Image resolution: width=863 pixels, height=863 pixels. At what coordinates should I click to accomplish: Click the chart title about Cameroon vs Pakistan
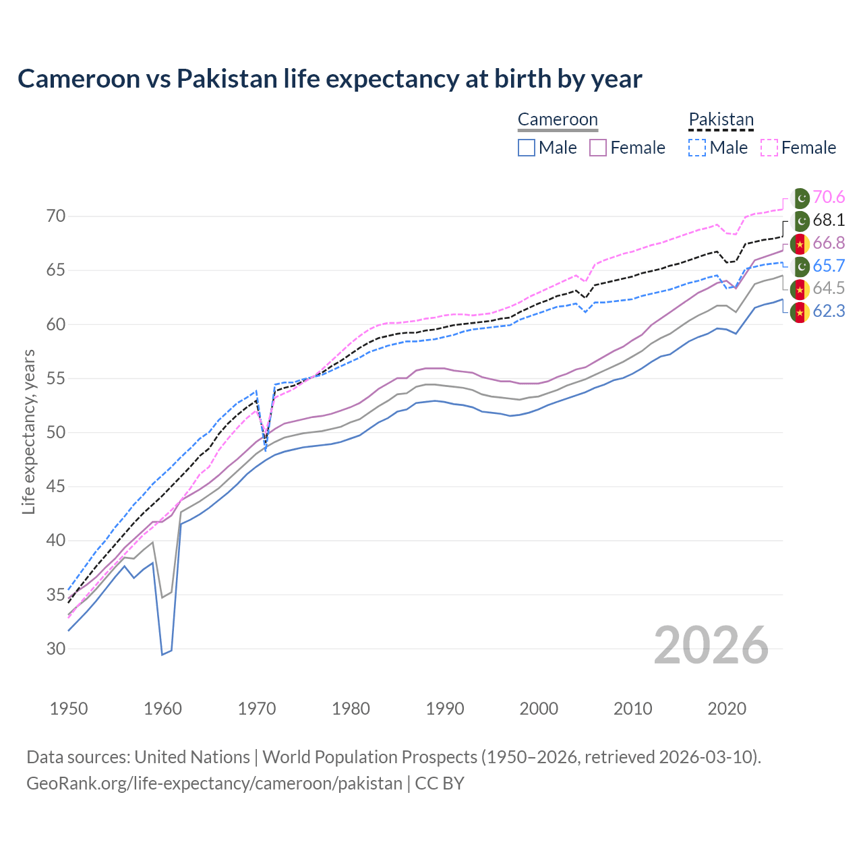point(330,79)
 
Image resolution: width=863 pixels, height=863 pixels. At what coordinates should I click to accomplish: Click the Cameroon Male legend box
point(527,148)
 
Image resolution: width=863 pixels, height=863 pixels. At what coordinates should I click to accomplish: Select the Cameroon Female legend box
point(599,148)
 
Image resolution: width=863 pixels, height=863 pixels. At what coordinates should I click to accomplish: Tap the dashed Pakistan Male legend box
point(697,148)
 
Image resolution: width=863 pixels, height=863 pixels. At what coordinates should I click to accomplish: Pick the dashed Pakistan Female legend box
point(769,148)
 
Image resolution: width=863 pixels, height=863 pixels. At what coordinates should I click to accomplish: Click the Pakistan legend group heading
point(721,119)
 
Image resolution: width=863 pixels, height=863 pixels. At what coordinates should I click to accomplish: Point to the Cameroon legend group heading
point(558,119)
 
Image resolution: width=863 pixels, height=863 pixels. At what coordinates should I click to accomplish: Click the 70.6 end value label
point(829,198)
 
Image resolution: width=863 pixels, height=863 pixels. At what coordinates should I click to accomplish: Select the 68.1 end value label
point(829,220)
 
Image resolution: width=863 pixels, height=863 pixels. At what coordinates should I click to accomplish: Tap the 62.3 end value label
point(829,311)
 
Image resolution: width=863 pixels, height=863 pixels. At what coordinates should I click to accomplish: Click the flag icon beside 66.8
point(800,243)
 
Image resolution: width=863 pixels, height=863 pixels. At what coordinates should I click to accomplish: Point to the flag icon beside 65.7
point(800,266)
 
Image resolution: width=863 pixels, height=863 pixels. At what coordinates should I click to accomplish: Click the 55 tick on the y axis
point(56,379)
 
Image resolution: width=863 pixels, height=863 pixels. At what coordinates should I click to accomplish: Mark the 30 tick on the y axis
point(56,649)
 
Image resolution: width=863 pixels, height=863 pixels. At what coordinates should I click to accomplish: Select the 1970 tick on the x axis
point(257,709)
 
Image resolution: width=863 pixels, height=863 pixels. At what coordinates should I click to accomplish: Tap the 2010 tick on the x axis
point(632,709)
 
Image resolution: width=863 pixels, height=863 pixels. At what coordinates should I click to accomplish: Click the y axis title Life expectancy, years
point(28,431)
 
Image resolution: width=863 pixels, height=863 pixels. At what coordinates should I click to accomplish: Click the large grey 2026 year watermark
point(711,646)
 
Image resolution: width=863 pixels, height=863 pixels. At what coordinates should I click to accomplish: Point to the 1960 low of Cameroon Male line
point(162,654)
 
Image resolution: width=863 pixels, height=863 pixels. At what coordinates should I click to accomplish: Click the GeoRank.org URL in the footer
point(214,783)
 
